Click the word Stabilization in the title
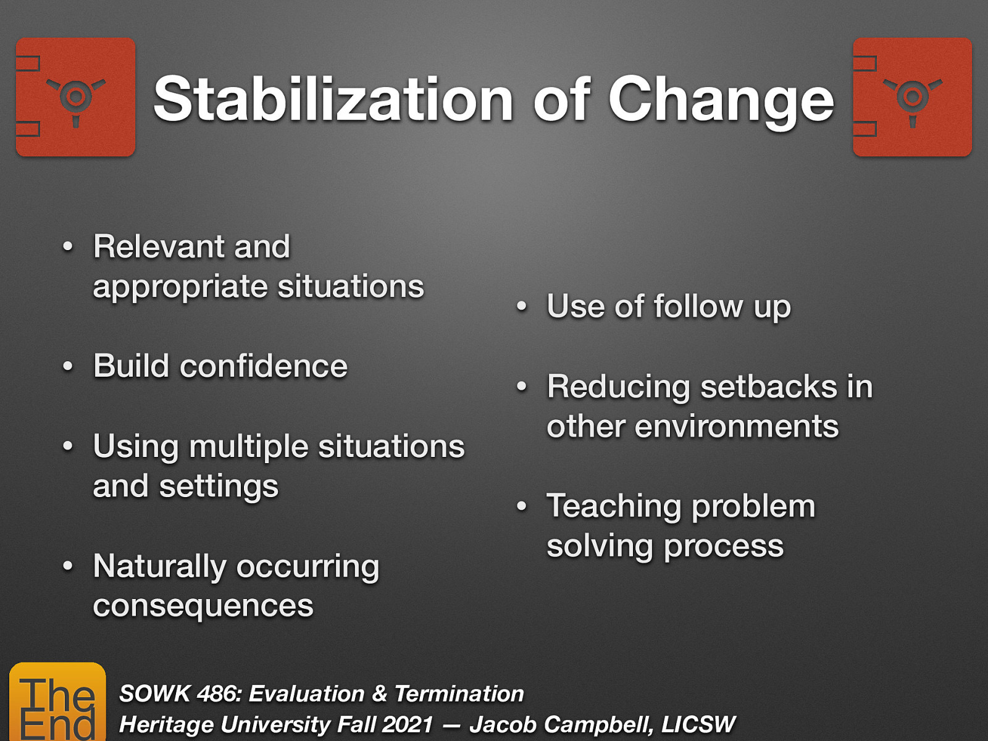pos(333,100)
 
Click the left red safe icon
pos(75,97)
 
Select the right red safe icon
pos(912,97)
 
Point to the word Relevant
pos(157,246)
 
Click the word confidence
pos(264,366)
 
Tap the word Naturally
pos(159,566)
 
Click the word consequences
pos(203,606)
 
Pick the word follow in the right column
pos(698,306)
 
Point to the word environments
pos(736,427)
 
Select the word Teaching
pos(614,506)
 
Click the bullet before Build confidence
pos(68,367)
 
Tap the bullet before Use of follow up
pos(522,307)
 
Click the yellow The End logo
pos(57,703)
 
